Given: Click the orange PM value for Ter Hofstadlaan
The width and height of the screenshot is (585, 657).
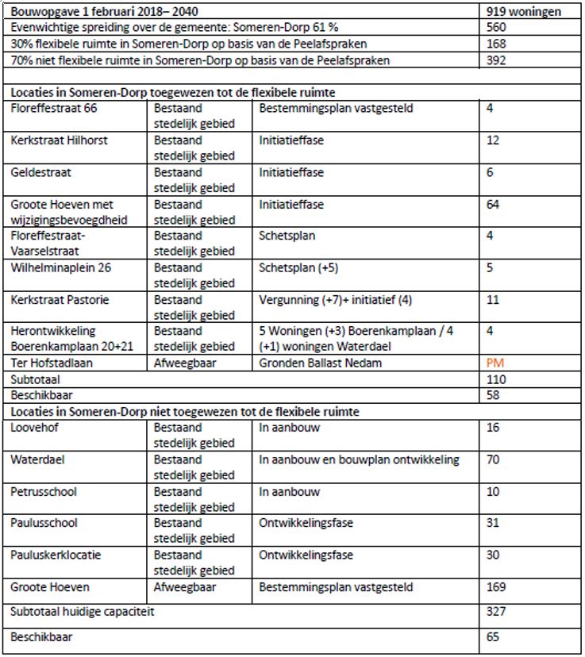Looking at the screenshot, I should pyautogui.click(x=496, y=363).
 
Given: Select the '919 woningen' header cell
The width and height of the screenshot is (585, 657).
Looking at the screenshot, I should pyautogui.click(x=525, y=12).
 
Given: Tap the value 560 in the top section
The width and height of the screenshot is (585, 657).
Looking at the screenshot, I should pyautogui.click(x=498, y=28).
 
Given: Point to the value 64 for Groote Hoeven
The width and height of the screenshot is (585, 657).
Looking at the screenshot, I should pyautogui.click(x=494, y=205).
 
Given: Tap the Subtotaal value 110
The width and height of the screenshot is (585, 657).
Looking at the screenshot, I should pyautogui.click(x=498, y=379).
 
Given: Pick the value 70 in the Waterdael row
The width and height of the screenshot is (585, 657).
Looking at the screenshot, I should pyautogui.click(x=494, y=459).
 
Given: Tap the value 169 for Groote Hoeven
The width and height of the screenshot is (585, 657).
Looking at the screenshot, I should pyautogui.click(x=498, y=588).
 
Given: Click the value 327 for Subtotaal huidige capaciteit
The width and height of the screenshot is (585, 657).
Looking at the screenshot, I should pyautogui.click(x=498, y=612).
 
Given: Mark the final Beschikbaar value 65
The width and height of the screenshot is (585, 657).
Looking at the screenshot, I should pyautogui.click(x=494, y=636).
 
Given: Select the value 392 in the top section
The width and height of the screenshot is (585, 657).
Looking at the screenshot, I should pyautogui.click(x=498, y=60).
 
